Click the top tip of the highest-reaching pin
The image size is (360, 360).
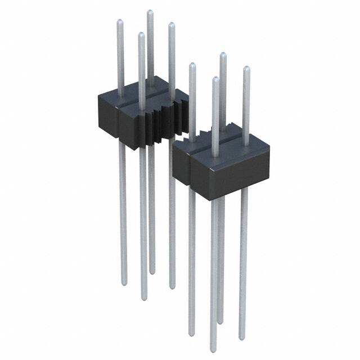150,11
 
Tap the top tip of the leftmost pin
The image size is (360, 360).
119,22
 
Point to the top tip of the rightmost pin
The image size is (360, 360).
246,68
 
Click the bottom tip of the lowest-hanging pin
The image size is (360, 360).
214,344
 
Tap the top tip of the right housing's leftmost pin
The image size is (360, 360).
192,65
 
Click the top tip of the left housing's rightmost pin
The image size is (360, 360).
171,24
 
